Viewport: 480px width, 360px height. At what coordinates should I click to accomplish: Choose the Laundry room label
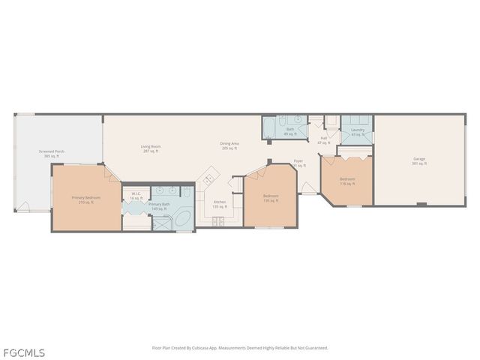[x=357, y=132]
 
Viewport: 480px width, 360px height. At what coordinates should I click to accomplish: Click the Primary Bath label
[x=159, y=205]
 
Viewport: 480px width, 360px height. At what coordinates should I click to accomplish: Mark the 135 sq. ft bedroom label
[x=270, y=199]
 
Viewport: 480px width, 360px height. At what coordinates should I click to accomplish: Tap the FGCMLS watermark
[x=23, y=352]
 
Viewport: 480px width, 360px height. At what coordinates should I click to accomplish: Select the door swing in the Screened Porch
[x=25, y=207]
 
